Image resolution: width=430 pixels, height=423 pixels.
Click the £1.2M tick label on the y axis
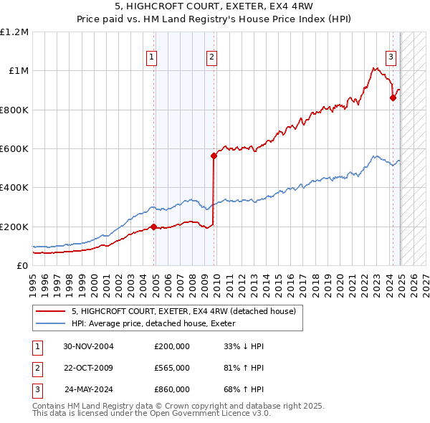click(14, 32)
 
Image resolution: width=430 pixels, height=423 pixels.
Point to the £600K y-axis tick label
click(14, 149)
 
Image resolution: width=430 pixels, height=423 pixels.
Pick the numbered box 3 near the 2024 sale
click(391, 58)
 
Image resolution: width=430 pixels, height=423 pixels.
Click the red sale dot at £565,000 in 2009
click(214, 156)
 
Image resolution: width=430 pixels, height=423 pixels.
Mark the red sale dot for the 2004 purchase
click(153, 227)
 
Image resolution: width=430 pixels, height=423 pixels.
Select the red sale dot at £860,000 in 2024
click(393, 98)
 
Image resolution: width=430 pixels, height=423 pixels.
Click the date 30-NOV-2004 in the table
click(89, 346)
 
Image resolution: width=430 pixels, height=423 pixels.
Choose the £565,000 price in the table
click(172, 368)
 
